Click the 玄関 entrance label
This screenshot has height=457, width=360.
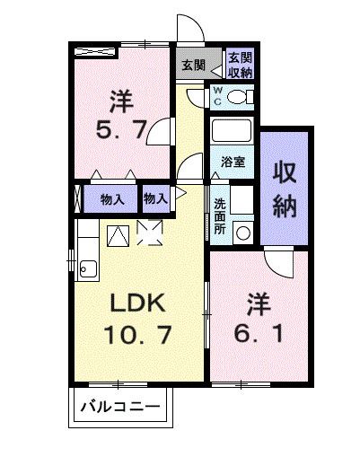pos(192,65)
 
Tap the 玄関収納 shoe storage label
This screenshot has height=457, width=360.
pos(239,65)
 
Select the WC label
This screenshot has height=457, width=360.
pos(218,95)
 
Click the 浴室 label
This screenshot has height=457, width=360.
pos(233,163)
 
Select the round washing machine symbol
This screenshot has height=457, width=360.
pos(243,231)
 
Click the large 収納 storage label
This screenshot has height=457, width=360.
pos(285,189)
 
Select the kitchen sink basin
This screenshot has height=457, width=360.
pos(88,267)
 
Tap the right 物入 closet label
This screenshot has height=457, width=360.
pos(155,197)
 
